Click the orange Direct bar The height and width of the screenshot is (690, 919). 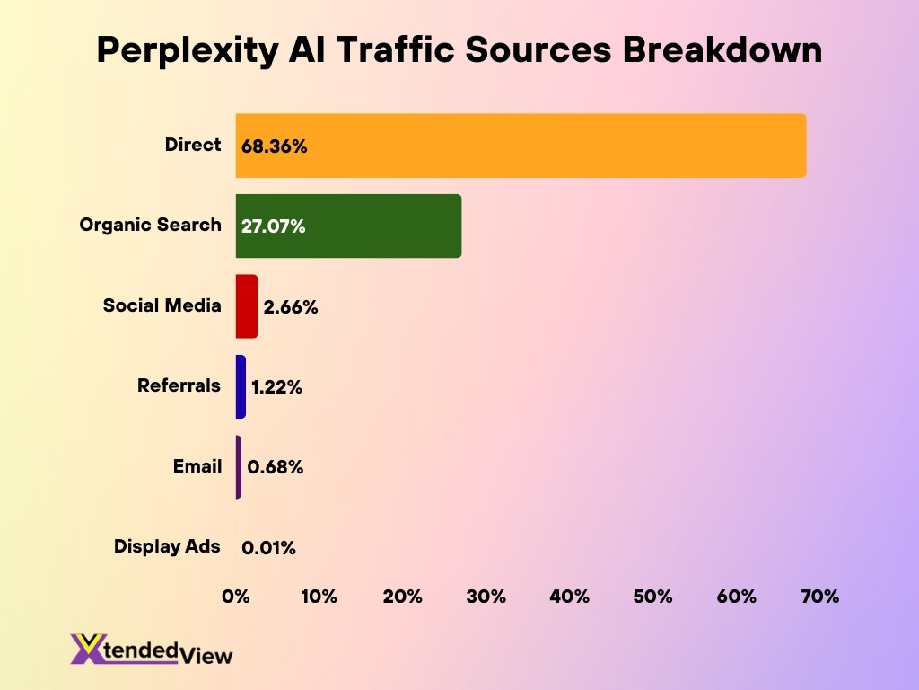tap(521, 146)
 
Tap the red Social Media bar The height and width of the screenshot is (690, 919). tap(247, 306)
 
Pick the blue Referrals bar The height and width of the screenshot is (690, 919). tap(241, 386)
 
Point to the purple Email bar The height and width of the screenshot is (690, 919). tap(239, 467)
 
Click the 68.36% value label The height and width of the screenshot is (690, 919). tap(275, 146)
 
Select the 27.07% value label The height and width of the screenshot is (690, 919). tap(274, 227)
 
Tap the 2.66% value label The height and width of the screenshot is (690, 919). tap(291, 307)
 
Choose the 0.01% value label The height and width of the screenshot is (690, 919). tap(268, 547)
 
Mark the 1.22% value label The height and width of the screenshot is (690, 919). tap(277, 387)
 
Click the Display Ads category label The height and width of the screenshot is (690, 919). tap(167, 546)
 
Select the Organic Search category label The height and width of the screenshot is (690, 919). tap(150, 225)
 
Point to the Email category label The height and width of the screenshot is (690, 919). tap(197, 466)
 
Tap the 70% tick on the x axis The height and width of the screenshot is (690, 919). tap(819, 597)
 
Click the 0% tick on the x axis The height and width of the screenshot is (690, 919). tap(236, 597)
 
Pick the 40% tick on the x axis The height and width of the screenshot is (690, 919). tap(570, 597)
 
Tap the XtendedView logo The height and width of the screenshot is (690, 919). tap(151, 650)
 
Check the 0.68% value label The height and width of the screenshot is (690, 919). tap(276, 467)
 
